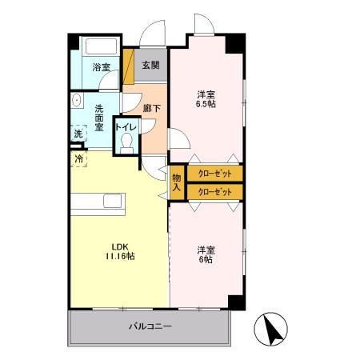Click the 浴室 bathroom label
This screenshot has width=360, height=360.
(x=101, y=67)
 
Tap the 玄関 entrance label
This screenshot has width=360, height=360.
(x=150, y=65)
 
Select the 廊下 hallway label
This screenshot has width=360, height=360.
(x=152, y=108)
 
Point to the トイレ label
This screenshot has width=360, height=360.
(x=126, y=127)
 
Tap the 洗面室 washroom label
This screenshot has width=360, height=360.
(x=99, y=118)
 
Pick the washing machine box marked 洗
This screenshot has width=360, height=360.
(x=78, y=133)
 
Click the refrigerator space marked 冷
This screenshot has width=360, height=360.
(x=78, y=159)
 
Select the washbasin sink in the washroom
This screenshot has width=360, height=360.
(x=77, y=100)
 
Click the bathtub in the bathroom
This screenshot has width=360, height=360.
(x=101, y=46)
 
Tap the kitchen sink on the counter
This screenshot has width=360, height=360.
(x=113, y=201)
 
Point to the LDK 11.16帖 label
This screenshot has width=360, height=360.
(x=120, y=251)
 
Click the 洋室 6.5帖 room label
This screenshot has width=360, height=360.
(x=206, y=99)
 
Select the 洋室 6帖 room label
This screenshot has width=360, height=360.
(x=206, y=254)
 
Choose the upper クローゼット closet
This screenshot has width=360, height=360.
(x=215, y=174)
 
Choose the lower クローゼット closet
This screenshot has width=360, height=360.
(x=215, y=192)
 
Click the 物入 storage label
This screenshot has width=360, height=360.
(x=176, y=182)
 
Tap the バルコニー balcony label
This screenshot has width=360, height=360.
(x=150, y=326)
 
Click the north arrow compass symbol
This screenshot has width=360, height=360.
(x=270, y=330)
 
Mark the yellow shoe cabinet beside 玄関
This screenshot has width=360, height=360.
(x=128, y=66)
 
